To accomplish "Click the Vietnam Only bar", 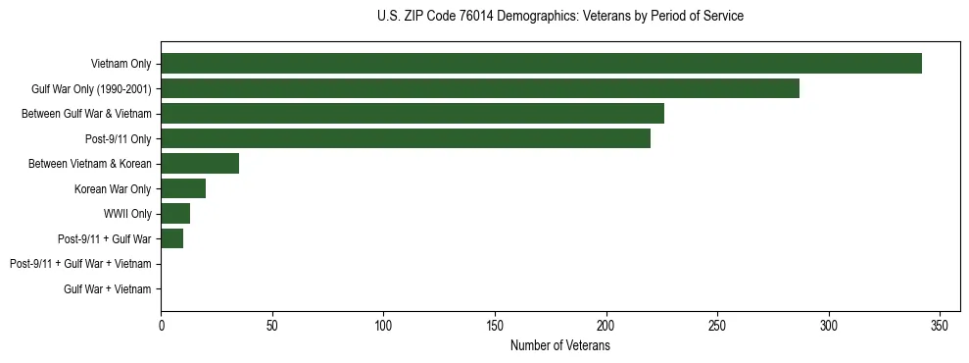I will (x=541, y=64).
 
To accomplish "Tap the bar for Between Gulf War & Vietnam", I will (x=412, y=114).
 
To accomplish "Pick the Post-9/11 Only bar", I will (x=406, y=138).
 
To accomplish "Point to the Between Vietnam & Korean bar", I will (x=200, y=164).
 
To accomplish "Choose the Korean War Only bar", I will (x=183, y=188).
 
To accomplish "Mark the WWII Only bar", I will (x=175, y=214).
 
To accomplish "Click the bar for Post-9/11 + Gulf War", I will (x=172, y=238).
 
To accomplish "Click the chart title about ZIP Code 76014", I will (x=559, y=17).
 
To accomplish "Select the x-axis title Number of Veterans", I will (x=559, y=345).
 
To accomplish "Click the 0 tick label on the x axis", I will (x=161, y=325).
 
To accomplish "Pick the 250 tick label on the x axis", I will (x=718, y=325).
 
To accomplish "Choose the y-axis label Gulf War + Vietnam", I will (x=108, y=289).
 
